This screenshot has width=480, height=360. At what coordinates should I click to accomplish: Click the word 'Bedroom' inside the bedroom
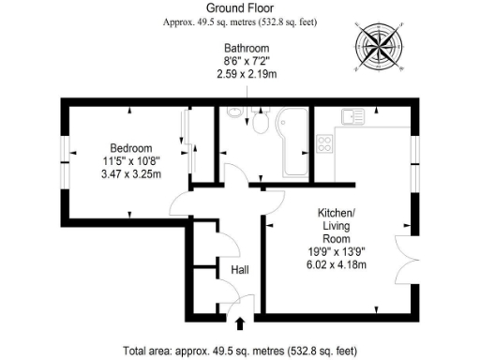point(131,148)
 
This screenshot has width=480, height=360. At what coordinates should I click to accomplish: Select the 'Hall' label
point(239,270)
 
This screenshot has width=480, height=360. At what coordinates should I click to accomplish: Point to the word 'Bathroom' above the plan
point(247,48)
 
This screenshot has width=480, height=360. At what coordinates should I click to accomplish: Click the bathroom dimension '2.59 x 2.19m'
point(247,74)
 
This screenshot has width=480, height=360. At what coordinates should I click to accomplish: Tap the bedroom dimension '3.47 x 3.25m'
point(131,174)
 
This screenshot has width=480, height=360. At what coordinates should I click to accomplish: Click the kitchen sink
point(352,116)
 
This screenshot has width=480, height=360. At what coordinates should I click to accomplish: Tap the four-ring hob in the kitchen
point(326,143)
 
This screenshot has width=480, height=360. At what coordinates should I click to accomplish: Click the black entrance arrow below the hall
point(239,324)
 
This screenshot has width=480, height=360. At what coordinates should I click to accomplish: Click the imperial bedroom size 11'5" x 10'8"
point(131,161)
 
